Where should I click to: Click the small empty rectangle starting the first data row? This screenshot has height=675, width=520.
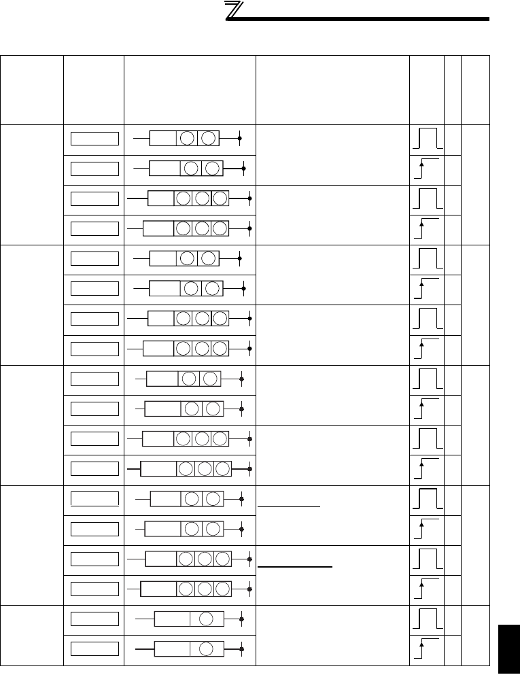point(93,139)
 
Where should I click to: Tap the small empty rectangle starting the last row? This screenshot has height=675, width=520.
point(93,648)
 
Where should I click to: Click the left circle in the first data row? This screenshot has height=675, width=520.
point(188,139)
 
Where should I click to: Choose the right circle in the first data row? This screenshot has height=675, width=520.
point(209,139)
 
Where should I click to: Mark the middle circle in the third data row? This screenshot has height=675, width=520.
point(202,198)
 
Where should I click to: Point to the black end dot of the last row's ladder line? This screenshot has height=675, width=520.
point(243,649)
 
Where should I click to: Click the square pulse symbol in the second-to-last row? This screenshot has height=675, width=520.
point(426,619)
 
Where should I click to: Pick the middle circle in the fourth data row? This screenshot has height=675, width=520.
point(202,229)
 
